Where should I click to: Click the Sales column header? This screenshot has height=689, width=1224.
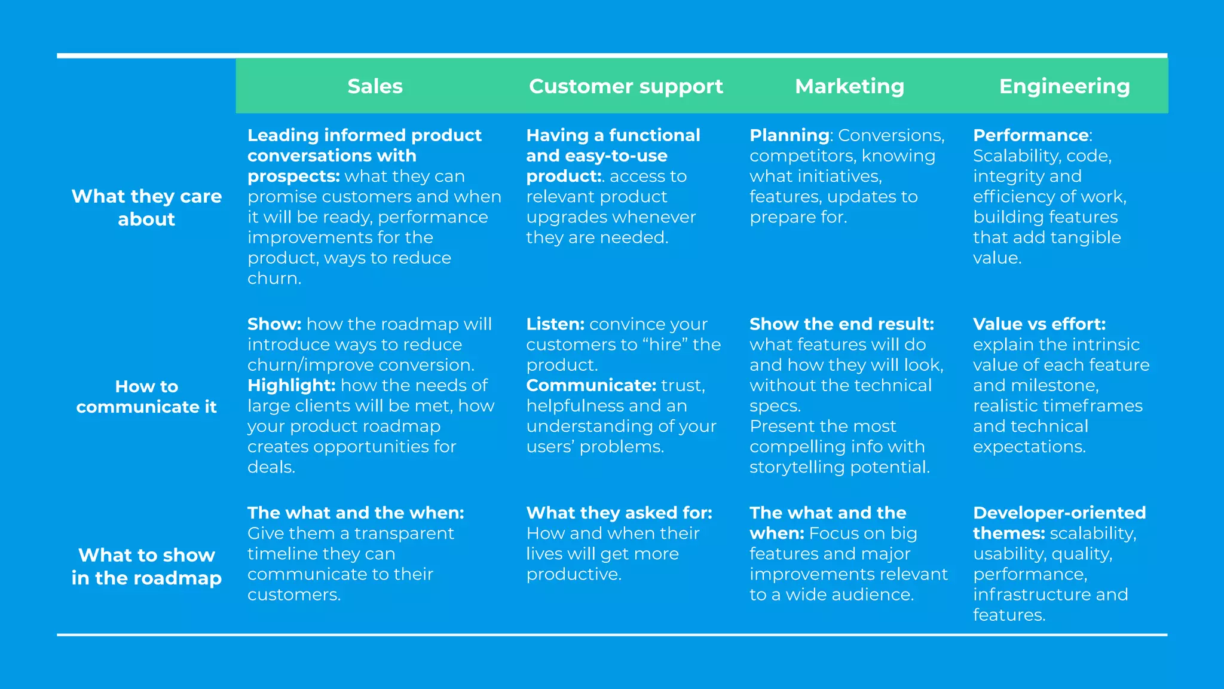click(x=375, y=86)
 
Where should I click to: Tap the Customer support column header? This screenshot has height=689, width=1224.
click(x=626, y=86)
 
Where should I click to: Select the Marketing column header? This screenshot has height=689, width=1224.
click(x=849, y=86)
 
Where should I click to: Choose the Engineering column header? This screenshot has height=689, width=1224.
click(x=1064, y=86)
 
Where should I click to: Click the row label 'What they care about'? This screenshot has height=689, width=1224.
click(x=146, y=208)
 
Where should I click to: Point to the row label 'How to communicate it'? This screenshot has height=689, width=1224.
click(x=146, y=397)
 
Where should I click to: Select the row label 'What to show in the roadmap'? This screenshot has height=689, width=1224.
click(x=146, y=566)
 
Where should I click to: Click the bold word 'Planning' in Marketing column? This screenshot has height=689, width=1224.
click(x=789, y=135)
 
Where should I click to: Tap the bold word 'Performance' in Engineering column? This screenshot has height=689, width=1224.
click(x=1030, y=135)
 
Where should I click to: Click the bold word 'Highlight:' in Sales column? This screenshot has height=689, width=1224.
click(x=291, y=385)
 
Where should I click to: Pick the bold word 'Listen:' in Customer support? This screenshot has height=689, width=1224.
click(x=555, y=324)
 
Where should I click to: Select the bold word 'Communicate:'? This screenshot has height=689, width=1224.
click(x=591, y=385)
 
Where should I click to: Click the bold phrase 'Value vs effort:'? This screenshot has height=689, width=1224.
click(x=1039, y=324)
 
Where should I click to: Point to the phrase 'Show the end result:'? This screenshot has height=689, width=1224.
click(x=841, y=324)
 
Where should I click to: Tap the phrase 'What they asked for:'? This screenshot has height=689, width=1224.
click(x=619, y=513)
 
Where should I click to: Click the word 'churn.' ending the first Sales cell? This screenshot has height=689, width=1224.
click(x=274, y=278)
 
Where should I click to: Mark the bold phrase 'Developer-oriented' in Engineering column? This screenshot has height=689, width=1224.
click(x=1059, y=513)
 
